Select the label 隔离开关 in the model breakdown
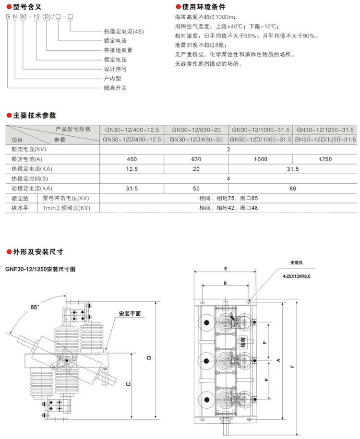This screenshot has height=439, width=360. (115, 88)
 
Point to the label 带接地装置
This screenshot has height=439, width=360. (118, 50)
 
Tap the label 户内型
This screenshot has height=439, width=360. (112, 79)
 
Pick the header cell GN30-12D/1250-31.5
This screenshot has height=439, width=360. (325, 139)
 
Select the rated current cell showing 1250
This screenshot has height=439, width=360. (324, 159)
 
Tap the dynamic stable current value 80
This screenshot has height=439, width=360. (292, 188)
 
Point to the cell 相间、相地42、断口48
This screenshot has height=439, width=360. (228, 208)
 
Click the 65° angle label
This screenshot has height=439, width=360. (35, 306)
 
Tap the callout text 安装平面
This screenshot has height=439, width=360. (130, 313)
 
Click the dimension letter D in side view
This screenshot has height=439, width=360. (149, 358)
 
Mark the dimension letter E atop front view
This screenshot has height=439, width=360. (226, 270)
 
